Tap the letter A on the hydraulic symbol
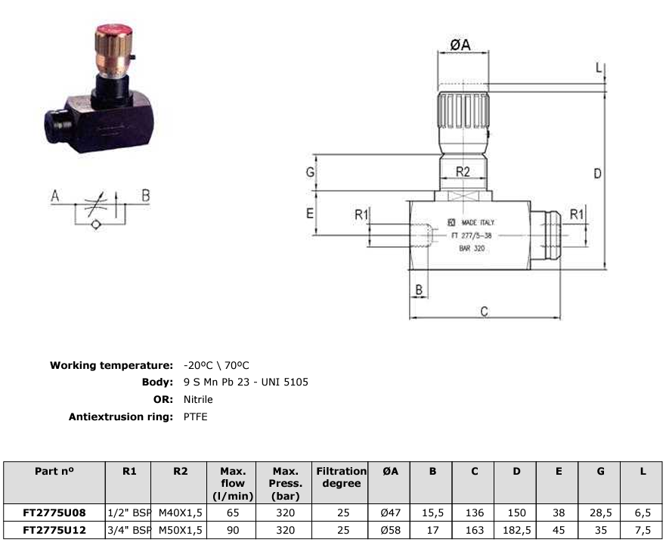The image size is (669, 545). pos(54,196)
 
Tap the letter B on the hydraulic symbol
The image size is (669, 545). pos(146,196)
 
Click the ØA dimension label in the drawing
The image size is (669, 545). pos(460,45)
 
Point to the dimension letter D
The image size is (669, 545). pos(597,174)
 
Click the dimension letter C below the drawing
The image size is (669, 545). pos(485,311)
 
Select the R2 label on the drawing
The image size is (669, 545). pos(463,172)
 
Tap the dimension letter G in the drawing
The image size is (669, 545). pos(310,172)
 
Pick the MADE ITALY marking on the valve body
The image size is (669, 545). pos(478,223)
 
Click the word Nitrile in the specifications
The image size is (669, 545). pos(198,399)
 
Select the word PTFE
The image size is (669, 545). pos(195,416)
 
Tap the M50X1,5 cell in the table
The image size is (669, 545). pos(180,530)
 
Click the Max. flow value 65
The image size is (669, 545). pos(234,512)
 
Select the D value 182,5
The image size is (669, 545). pos(516,530)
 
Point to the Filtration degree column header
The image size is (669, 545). pos(341,477)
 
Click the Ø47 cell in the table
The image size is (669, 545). pos(390,512)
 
